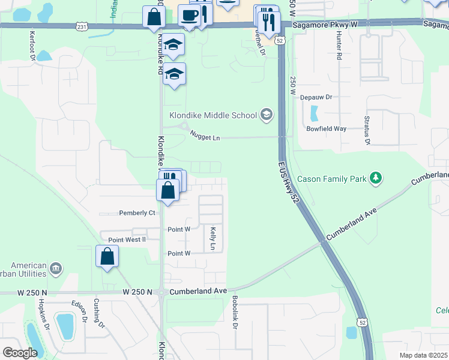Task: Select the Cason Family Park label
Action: (336, 178)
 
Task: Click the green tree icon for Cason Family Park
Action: (376, 178)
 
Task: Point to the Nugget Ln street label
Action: (205, 137)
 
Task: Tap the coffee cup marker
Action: (190, 16)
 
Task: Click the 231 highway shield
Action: (82, 26)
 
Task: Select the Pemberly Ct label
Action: (137, 213)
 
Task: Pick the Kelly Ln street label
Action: (212, 238)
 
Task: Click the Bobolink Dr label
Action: (235, 312)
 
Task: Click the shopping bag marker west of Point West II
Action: (107, 257)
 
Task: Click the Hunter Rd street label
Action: (339, 48)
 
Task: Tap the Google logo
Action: (20, 352)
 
